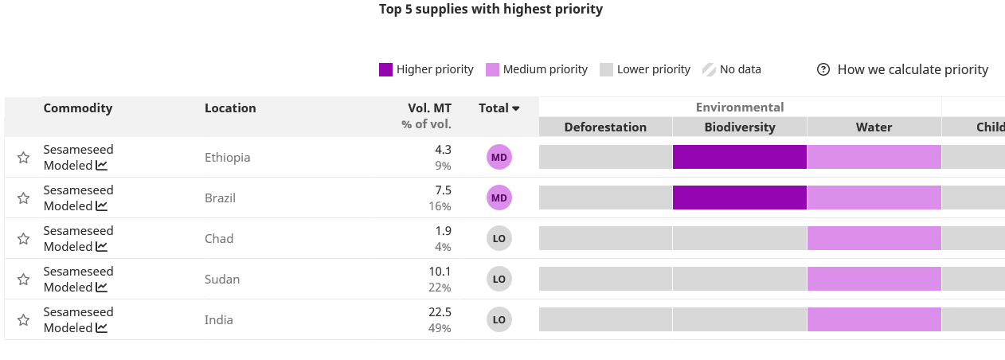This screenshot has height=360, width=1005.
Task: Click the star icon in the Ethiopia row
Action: point(24,158)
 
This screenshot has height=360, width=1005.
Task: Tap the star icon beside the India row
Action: point(24,320)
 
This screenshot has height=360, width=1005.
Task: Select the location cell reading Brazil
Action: point(220,198)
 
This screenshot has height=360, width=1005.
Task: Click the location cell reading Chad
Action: point(218,239)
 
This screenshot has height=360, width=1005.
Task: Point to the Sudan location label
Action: point(222,280)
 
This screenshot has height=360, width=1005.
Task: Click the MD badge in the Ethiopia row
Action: point(499,158)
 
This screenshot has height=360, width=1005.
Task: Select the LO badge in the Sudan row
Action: point(499,280)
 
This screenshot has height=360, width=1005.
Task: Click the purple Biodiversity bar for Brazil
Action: point(740,198)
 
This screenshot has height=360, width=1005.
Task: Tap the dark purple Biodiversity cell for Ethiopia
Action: point(740,158)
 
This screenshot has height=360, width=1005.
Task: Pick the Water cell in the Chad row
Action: point(874,239)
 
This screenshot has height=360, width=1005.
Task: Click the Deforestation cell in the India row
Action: point(605,320)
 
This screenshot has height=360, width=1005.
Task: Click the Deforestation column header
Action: point(605,127)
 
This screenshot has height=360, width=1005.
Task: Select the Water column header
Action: point(874,127)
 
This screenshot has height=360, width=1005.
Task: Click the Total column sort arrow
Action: point(516,109)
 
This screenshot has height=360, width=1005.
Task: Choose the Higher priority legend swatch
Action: point(386,70)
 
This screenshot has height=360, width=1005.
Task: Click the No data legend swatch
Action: point(709,70)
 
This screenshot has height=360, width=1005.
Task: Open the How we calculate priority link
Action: point(903,70)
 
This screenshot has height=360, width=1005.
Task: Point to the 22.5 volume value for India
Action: point(440,312)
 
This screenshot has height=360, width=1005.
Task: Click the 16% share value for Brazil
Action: point(440,206)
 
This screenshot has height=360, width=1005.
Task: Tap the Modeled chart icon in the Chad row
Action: point(101,247)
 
